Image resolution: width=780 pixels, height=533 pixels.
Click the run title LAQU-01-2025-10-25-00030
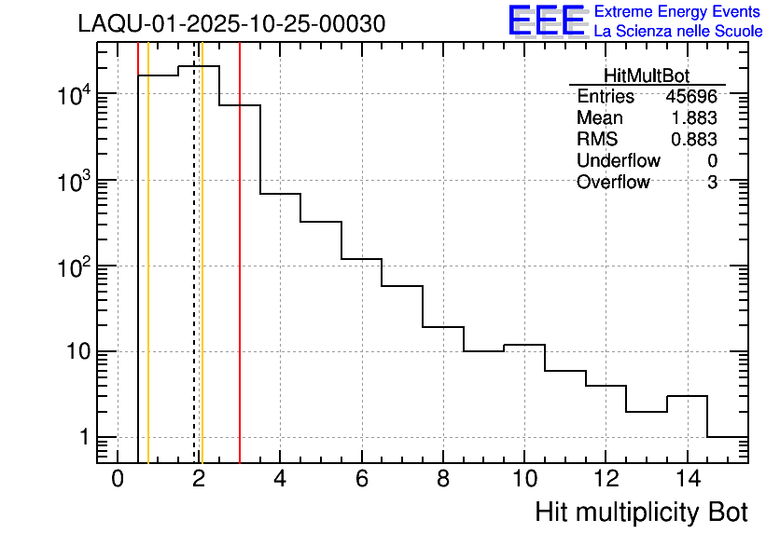(231, 25)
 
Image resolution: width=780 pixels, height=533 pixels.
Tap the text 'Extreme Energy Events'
(678, 12)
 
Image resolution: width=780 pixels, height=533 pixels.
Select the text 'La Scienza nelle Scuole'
(678, 32)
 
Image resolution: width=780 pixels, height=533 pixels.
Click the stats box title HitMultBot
(647, 77)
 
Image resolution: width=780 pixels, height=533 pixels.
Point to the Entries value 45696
(691, 97)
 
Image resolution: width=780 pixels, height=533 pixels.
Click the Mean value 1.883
(695, 118)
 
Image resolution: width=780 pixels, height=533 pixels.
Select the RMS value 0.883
(695, 139)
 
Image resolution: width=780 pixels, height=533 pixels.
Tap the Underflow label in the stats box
(618, 160)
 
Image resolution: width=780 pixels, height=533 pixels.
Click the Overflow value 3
(712, 182)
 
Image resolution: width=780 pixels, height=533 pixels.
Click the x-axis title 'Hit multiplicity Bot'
(641, 512)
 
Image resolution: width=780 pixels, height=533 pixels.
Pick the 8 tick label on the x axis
(443, 479)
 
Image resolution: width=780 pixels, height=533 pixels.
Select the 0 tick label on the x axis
(118, 479)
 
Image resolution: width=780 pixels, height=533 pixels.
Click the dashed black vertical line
(194, 280)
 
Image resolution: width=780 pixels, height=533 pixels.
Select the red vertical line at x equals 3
(240, 280)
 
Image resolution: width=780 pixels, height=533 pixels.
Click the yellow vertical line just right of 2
(202, 280)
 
